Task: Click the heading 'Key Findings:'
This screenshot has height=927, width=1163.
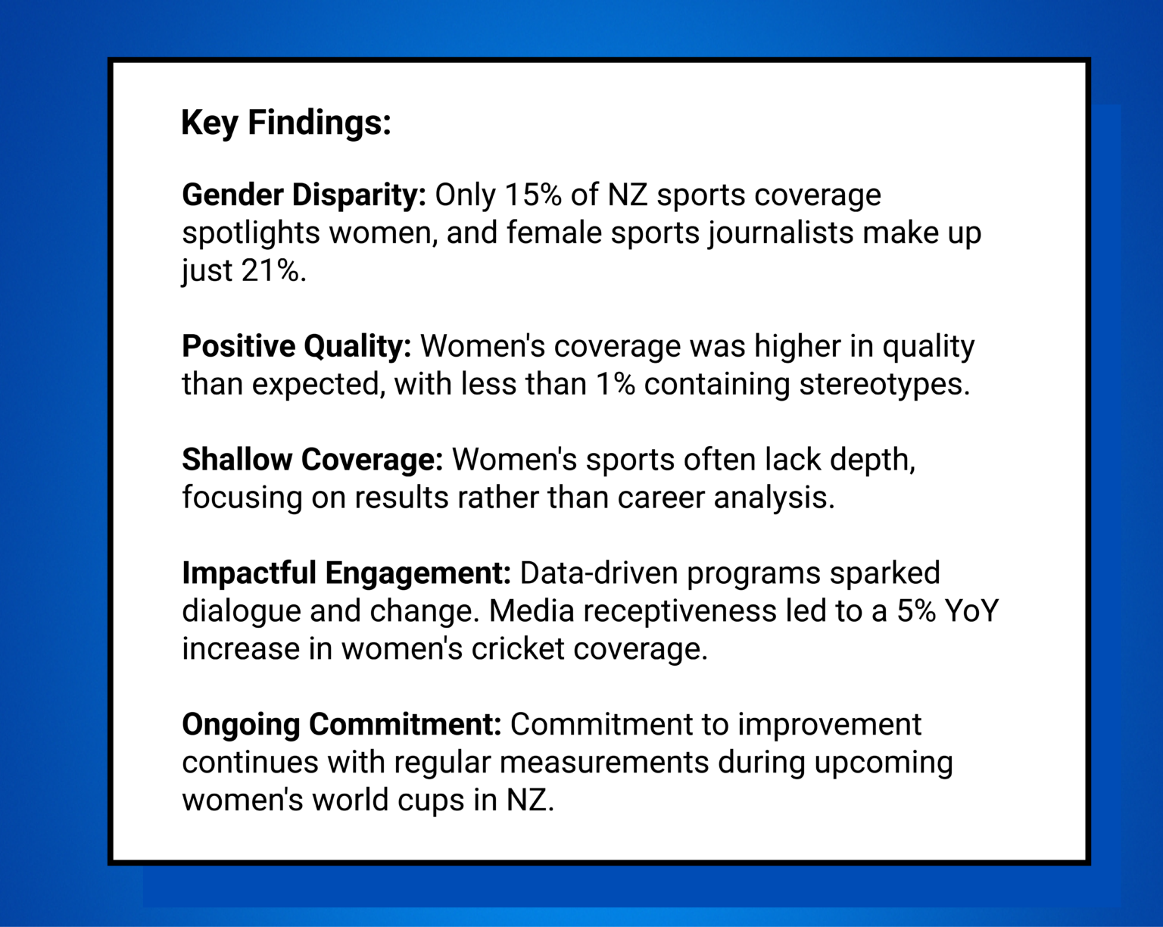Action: click(286, 123)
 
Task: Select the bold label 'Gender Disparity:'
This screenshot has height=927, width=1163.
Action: click(304, 195)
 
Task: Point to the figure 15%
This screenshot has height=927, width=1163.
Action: click(533, 195)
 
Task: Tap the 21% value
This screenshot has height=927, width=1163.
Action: click(273, 270)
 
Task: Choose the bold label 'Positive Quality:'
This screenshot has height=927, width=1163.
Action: click(296, 346)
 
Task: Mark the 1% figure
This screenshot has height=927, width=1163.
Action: click(615, 384)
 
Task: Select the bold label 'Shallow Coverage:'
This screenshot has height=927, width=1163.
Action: click(312, 460)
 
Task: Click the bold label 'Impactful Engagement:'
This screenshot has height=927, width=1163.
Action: click(347, 573)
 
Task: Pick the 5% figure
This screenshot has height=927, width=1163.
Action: click(916, 611)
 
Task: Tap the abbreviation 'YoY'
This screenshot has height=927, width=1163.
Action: click(972, 611)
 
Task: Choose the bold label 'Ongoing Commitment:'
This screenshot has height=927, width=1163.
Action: click(341, 725)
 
